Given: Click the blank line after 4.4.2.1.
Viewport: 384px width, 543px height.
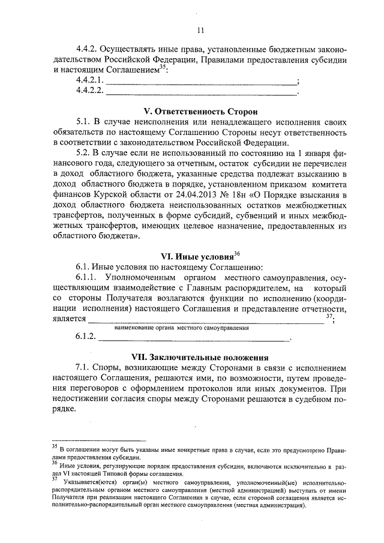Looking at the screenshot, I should click(x=201, y=81).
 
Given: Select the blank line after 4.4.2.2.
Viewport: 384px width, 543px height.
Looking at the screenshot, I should click(x=201, y=92).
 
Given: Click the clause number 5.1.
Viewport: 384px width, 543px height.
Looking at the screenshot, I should click(x=85, y=122).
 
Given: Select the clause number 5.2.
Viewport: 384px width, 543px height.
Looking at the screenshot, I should click(x=85, y=153).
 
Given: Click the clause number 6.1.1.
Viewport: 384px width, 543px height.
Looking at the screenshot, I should click(x=88, y=278).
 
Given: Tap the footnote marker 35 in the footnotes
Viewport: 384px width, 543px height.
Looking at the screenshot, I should click(x=54, y=446).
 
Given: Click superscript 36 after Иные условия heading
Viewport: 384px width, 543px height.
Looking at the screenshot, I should click(x=237, y=253).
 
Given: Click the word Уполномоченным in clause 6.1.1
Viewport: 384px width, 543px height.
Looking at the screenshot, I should click(x=143, y=278).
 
